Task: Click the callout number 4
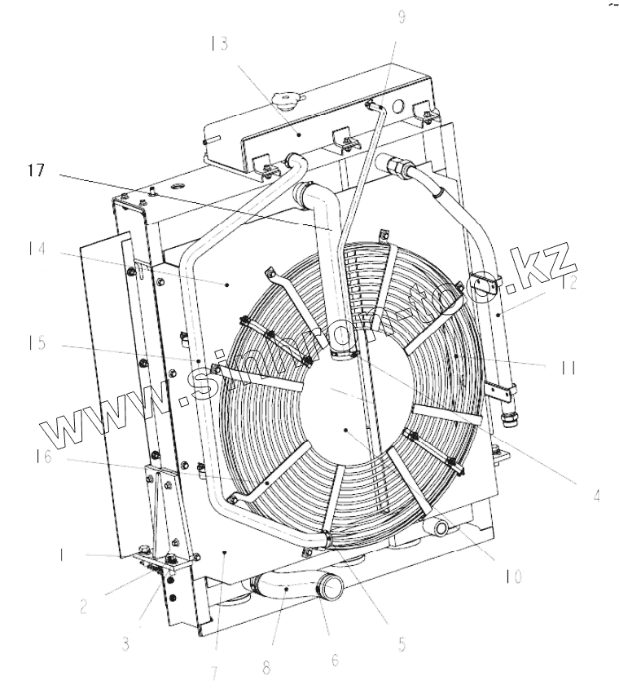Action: [597, 494]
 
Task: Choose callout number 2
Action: [83, 607]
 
